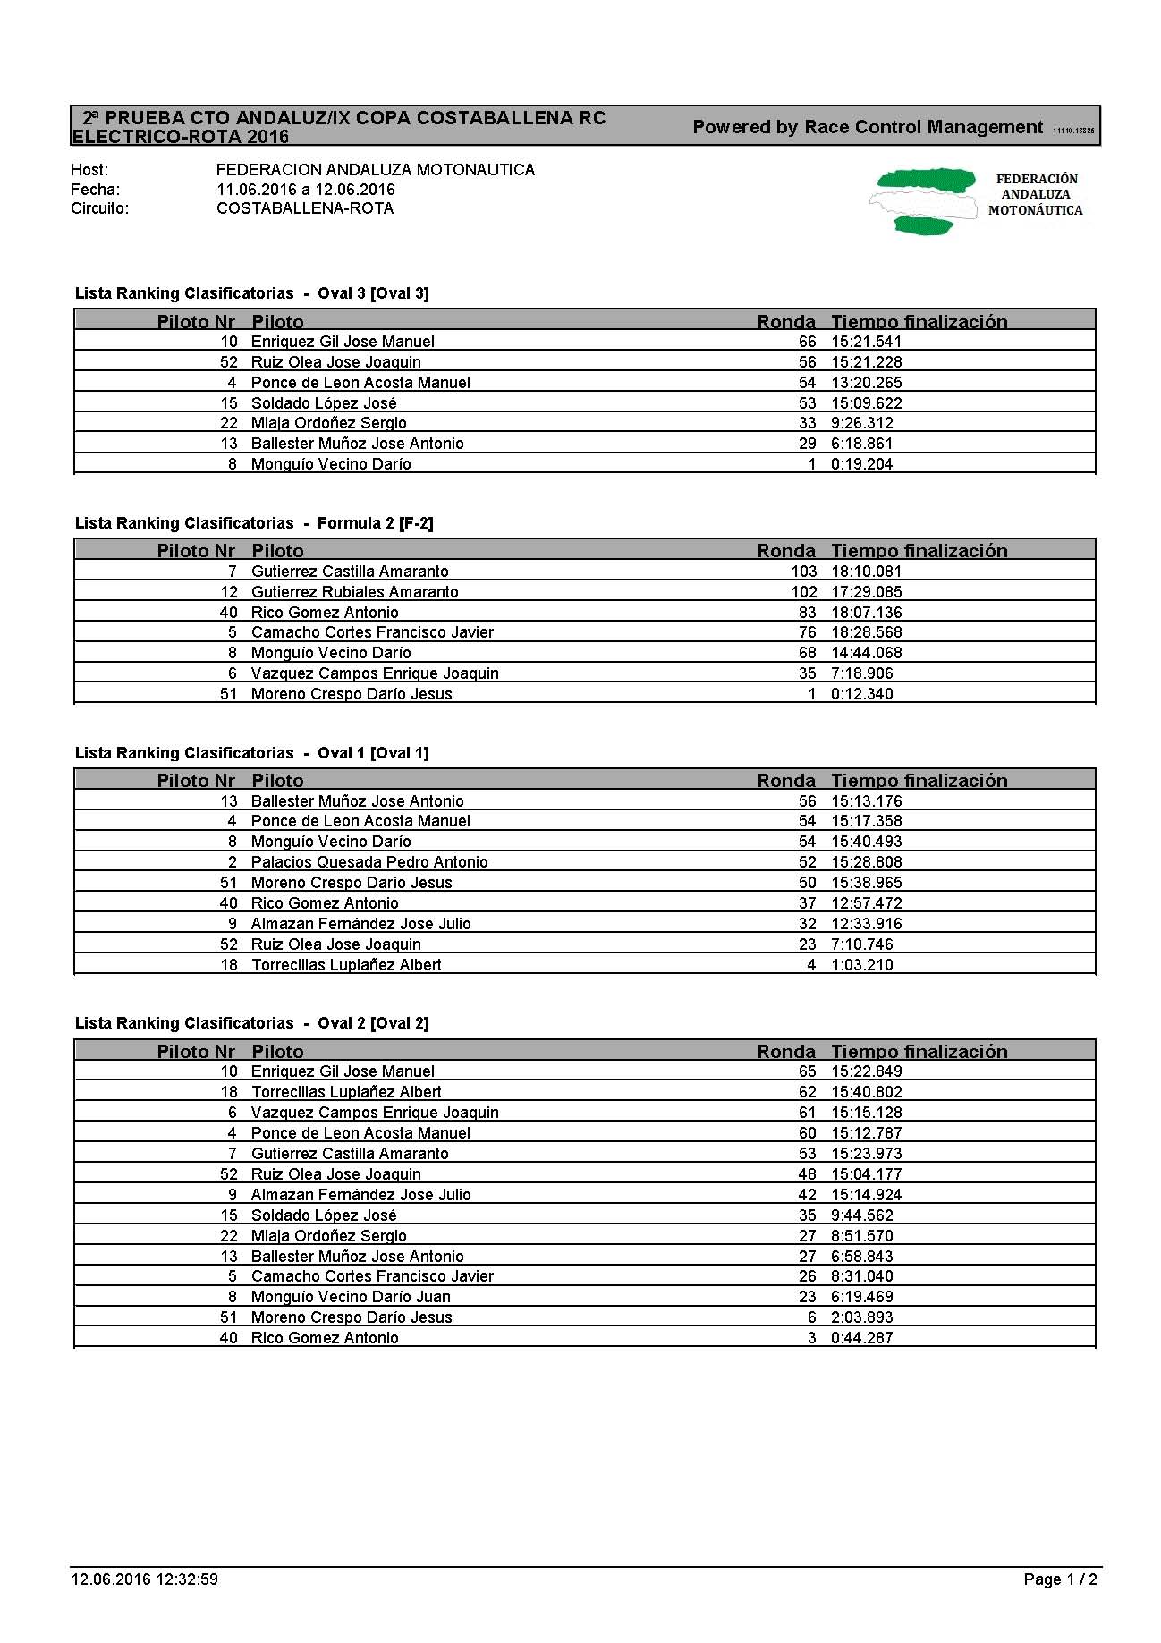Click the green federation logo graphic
(x=921, y=200)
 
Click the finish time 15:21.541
(x=866, y=342)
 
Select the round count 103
(x=803, y=572)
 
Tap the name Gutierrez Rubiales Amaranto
(x=354, y=592)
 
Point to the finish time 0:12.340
(x=861, y=694)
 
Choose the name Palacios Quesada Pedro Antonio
(x=369, y=862)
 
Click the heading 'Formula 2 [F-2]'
(x=375, y=523)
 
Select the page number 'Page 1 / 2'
(x=1060, y=1579)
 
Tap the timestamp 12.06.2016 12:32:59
(x=144, y=1579)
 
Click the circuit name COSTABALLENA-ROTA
(x=305, y=208)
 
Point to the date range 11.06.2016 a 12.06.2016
(x=305, y=190)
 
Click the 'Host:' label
(x=89, y=170)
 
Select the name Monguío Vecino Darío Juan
(x=351, y=1297)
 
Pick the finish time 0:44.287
(x=861, y=1338)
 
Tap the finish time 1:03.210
(x=861, y=965)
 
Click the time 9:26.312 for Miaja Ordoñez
(x=861, y=423)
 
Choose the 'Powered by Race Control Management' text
(x=868, y=127)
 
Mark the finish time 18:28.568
(x=866, y=632)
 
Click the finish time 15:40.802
(x=866, y=1092)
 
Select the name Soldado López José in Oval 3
(x=324, y=403)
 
